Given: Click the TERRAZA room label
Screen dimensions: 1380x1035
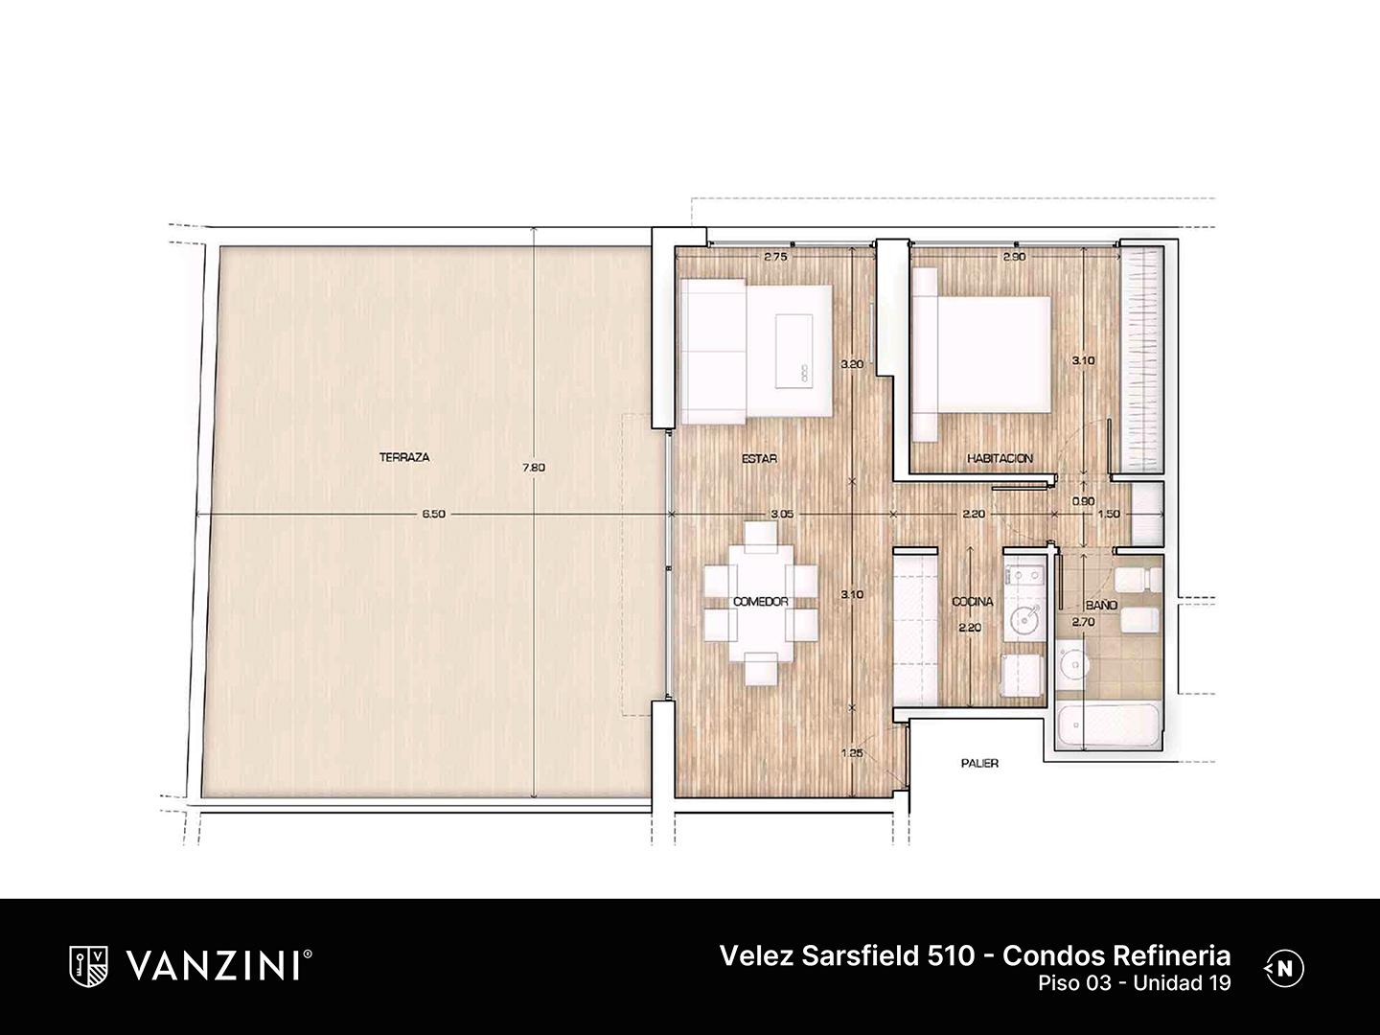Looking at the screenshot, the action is (404, 457).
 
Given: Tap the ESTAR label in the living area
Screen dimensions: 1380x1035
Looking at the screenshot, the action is (759, 459).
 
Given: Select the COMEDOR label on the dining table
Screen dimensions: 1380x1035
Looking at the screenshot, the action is (761, 602).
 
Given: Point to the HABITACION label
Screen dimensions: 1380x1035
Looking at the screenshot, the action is (1000, 459).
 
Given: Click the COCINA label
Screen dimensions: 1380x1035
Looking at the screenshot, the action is (973, 602).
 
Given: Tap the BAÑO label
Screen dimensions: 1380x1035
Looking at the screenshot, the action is (1101, 605).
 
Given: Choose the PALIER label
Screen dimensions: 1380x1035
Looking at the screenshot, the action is (979, 764).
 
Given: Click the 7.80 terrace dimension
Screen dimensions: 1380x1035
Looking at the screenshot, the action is (534, 468).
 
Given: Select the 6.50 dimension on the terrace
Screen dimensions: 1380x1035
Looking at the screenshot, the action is (434, 514).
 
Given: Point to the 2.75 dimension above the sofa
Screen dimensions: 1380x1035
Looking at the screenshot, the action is (775, 257).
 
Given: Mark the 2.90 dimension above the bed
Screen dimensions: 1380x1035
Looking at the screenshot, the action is (1015, 257).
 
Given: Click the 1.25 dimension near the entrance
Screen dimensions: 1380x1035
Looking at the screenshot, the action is (851, 753).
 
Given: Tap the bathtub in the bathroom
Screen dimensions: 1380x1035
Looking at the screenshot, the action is (1108, 725).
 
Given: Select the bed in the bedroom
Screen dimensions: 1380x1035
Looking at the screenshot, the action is (980, 354).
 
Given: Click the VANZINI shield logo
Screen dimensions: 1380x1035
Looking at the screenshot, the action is (88, 967).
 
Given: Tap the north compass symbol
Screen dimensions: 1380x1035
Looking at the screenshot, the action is (1285, 968).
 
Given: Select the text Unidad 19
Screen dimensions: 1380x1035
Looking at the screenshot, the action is (1182, 983).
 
